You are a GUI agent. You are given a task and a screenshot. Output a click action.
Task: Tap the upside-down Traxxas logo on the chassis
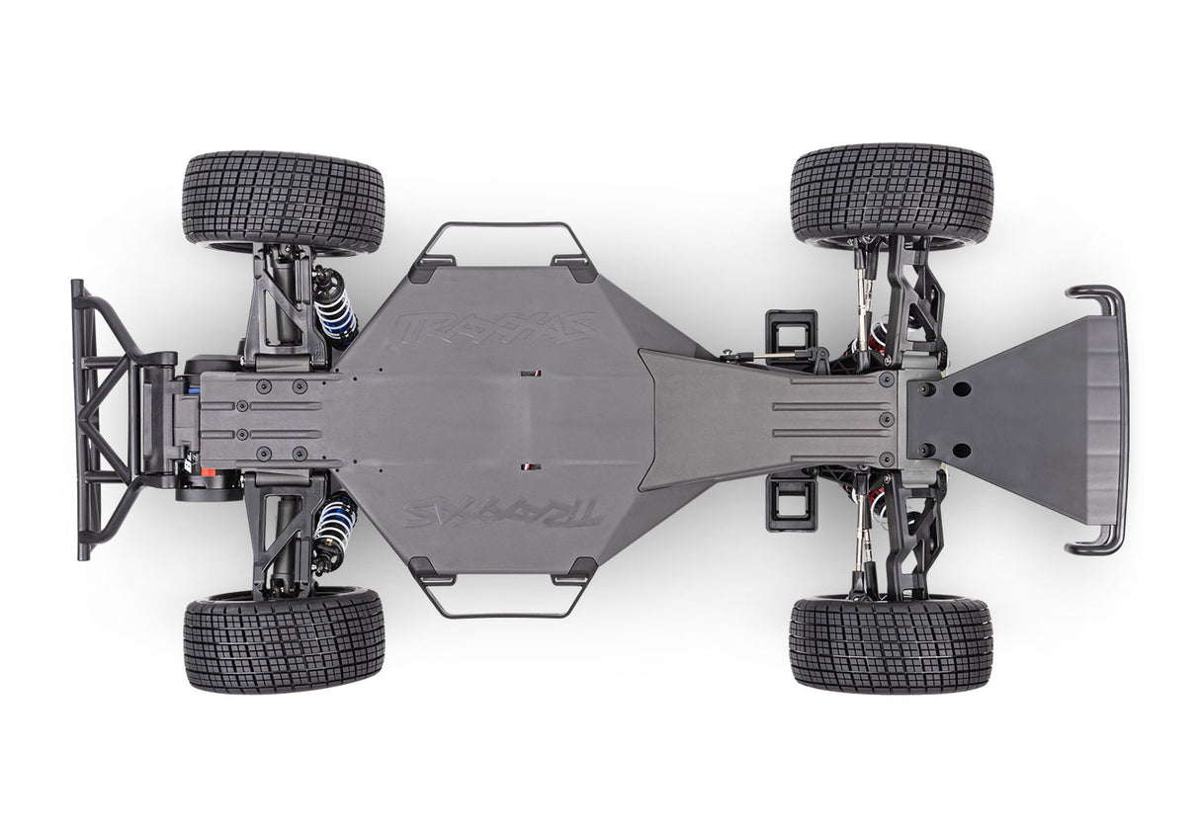coord(502,511)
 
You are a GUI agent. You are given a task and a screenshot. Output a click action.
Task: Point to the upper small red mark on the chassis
coord(538,374)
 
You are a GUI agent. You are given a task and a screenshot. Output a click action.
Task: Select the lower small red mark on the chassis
coord(531,464)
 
